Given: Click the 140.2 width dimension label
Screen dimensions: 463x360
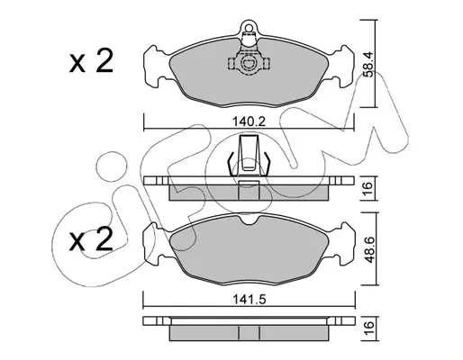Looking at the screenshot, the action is coord(250,121).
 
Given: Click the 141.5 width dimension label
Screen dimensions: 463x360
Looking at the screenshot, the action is coord(250,299).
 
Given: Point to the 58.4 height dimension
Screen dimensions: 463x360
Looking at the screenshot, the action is coord(368,64).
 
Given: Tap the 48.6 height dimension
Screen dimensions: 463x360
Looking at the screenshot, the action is coord(368,249).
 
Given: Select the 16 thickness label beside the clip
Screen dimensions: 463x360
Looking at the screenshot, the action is coord(368,189).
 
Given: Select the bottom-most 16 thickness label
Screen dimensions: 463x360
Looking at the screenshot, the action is coord(368,328).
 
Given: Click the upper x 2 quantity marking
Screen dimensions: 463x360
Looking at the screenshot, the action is coord(91,61).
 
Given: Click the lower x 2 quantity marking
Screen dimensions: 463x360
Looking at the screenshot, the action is coord(91,239).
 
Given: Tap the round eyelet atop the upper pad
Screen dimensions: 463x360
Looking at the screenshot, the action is coord(249,28).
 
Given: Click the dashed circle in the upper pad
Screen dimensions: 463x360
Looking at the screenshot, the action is coord(249,63).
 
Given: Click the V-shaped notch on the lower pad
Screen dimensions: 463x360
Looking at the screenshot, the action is coord(250,220).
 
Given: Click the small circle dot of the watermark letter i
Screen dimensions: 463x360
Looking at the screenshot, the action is coord(111,166).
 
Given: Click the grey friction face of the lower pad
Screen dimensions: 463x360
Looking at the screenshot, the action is coord(250,250).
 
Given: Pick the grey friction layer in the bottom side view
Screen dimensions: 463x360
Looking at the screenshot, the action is coord(250,333).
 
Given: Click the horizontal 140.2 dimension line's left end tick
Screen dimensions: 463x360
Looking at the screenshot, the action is coord(144,122).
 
